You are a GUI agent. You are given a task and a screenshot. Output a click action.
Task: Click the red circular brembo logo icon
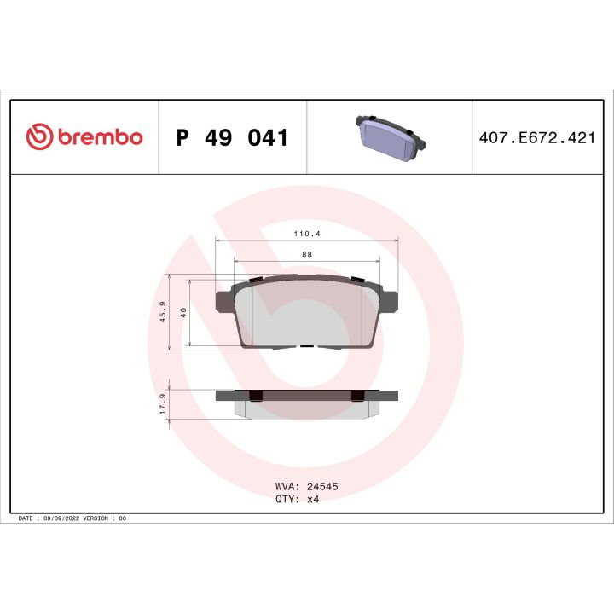(x=40, y=137)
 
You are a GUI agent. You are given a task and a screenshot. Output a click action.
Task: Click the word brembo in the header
(x=100, y=138)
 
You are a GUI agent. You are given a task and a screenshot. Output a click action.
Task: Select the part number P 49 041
(x=231, y=137)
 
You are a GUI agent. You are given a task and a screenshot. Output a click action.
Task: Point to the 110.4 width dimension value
(x=305, y=232)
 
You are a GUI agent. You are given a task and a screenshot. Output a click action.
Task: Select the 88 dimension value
(x=305, y=253)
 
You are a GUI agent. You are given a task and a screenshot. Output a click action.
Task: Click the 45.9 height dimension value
(x=163, y=312)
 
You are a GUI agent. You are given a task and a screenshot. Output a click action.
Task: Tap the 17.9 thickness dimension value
(x=163, y=403)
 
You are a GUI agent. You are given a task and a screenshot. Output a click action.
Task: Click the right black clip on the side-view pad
(x=358, y=394)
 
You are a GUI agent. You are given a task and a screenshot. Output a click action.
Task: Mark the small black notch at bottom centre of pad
(x=305, y=346)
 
